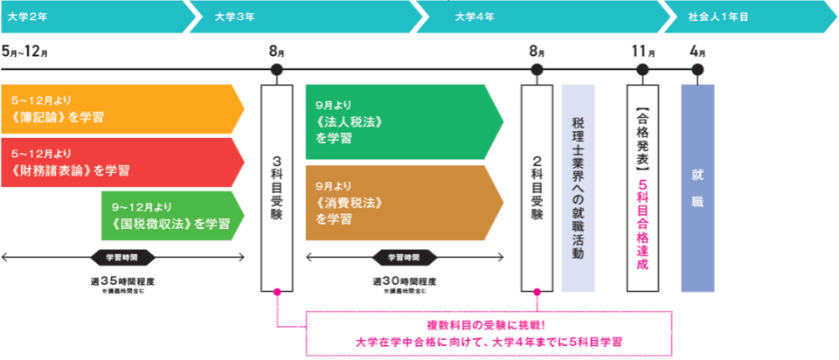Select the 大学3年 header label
(x=231, y=16)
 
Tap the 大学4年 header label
(x=474, y=16)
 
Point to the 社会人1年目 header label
(x=719, y=16)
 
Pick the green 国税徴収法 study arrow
(x=170, y=215)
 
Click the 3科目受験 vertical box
(x=276, y=187)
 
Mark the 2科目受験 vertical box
(x=537, y=187)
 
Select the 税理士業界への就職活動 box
(x=578, y=187)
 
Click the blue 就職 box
(x=697, y=187)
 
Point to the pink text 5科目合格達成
(x=643, y=223)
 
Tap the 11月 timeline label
(x=644, y=50)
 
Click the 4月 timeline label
(x=697, y=50)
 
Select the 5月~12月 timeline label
(x=24, y=50)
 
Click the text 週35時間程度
(x=122, y=280)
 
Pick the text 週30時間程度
(x=405, y=280)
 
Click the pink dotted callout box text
(x=489, y=332)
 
